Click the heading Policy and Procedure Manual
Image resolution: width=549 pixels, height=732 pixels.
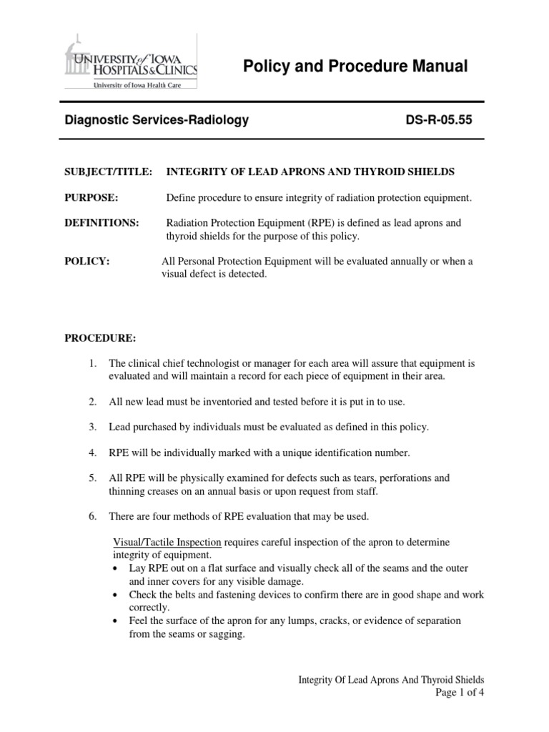point(355,67)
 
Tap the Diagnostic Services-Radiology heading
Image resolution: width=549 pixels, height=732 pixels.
point(157,121)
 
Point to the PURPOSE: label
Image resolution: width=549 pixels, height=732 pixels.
point(91,197)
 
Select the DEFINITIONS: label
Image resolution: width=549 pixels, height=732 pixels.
point(102,223)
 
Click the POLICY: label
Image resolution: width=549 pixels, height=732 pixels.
point(87,262)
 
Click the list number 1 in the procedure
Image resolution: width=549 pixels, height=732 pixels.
point(93,364)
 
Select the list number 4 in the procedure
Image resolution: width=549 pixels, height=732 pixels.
point(93,452)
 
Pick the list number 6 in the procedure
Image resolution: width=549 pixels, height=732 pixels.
point(93,516)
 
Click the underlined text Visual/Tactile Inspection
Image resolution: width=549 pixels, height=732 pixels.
point(165,542)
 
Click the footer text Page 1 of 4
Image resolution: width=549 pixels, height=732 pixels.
point(460,693)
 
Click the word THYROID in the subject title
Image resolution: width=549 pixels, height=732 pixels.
point(384,172)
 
